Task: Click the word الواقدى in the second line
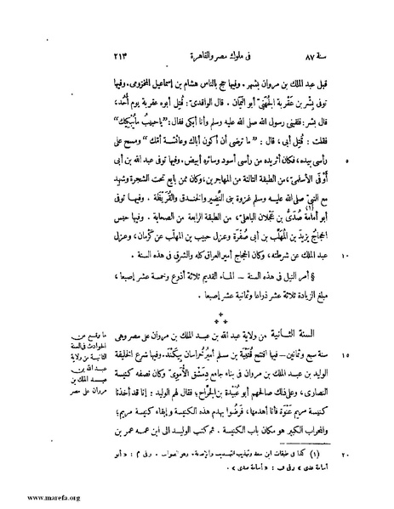coord(154,98)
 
